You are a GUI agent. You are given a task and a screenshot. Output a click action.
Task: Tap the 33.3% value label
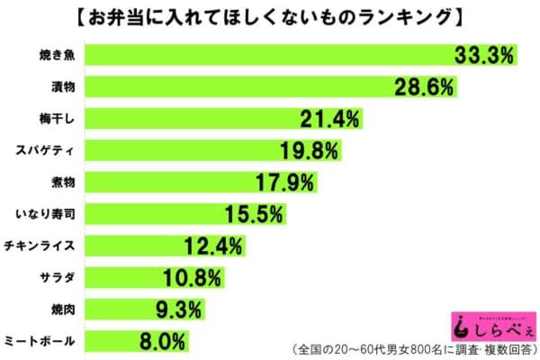(483, 56)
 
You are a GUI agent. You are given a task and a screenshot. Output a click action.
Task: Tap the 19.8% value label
(311, 150)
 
